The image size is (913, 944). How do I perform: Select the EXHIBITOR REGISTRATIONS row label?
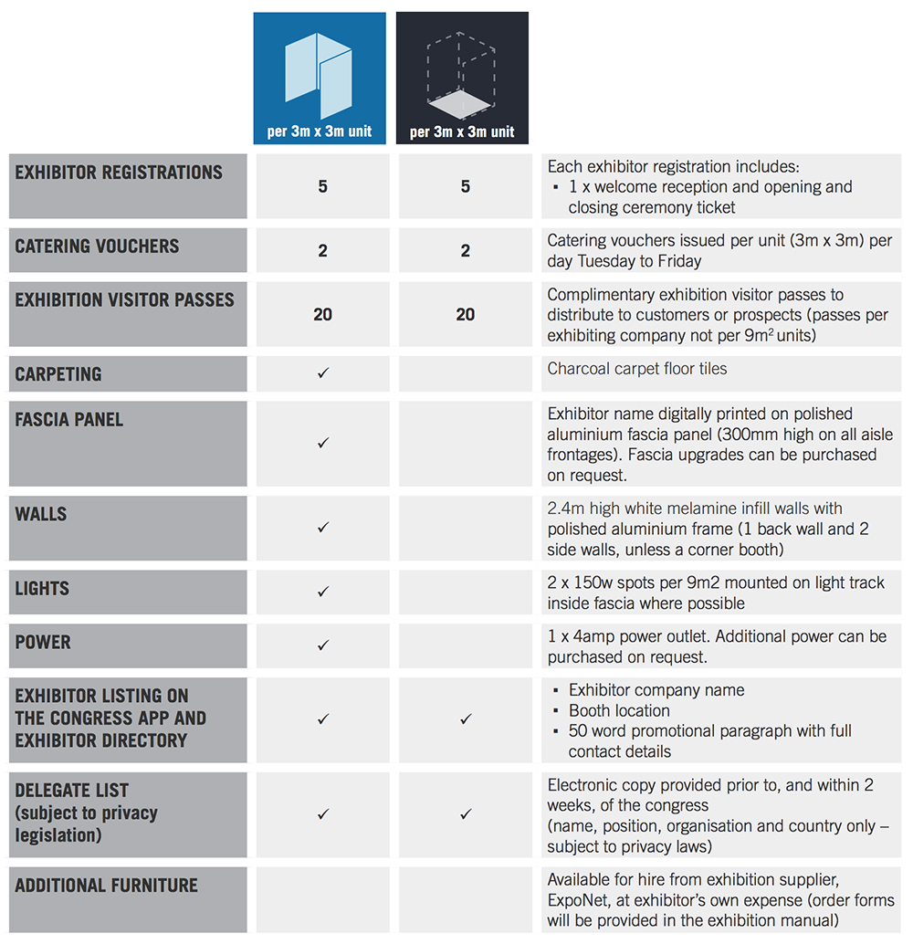(x=119, y=173)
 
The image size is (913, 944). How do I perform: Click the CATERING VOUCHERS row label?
(x=97, y=246)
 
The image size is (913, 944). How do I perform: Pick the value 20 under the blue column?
(x=322, y=314)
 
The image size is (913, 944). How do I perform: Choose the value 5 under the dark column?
(x=466, y=186)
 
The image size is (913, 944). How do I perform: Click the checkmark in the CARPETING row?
(x=322, y=373)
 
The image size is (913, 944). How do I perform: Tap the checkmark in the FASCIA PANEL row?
(x=322, y=443)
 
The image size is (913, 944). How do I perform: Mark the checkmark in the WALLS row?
(x=322, y=528)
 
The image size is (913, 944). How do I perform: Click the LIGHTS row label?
(x=43, y=588)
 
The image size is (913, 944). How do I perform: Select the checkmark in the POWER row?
(x=322, y=645)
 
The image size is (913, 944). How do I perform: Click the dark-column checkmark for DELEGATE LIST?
(x=466, y=814)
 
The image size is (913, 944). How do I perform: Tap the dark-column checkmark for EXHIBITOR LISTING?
(x=466, y=719)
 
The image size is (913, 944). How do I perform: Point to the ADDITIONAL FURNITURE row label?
(x=106, y=886)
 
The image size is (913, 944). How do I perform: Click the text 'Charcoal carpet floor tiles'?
(x=637, y=369)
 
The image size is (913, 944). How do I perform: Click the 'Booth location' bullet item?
(x=619, y=710)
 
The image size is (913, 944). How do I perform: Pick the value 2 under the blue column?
(x=322, y=250)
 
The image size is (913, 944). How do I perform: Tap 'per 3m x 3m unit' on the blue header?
(x=320, y=131)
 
